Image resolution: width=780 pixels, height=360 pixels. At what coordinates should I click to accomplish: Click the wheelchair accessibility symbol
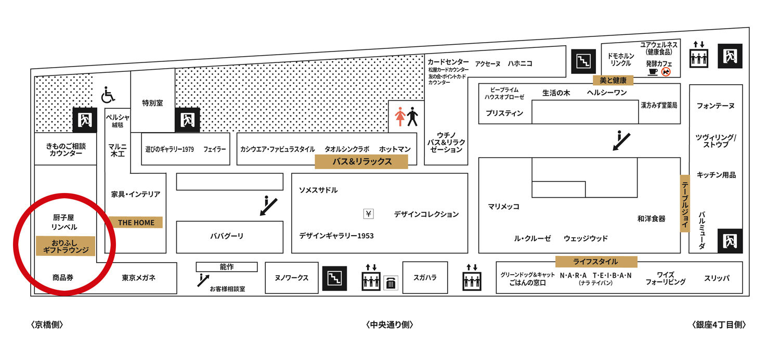(x=108, y=95)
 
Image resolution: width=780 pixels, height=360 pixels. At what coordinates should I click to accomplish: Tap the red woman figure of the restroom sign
(x=400, y=117)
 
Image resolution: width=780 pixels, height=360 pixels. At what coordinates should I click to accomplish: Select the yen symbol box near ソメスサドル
(x=369, y=213)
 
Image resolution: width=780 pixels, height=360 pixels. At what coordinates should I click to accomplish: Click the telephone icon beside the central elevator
(x=391, y=283)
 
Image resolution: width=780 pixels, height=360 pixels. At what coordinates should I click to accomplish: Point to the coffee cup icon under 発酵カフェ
(x=653, y=72)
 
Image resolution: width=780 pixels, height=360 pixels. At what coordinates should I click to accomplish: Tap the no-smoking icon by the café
(x=666, y=72)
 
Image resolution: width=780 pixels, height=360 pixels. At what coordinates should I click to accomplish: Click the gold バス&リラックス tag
(x=361, y=162)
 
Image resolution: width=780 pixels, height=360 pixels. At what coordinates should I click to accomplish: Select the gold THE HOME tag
(x=136, y=223)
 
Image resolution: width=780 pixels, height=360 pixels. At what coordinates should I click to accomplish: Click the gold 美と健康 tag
(x=614, y=80)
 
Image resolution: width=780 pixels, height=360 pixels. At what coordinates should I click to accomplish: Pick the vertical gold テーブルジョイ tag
(x=685, y=203)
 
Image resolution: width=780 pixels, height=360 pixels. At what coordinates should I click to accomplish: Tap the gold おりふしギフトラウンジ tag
(x=66, y=246)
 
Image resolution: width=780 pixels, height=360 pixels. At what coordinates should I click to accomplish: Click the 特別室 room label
(x=153, y=103)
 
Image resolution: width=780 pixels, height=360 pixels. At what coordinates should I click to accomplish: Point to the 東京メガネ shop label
(x=139, y=278)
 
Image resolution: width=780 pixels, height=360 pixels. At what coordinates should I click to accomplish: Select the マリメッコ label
(x=503, y=207)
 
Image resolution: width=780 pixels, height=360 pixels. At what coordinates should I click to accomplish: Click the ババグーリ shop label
(x=227, y=236)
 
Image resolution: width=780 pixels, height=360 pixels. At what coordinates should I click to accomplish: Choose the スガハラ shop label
(x=425, y=277)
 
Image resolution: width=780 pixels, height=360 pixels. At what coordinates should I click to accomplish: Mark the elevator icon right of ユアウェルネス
(x=699, y=56)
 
